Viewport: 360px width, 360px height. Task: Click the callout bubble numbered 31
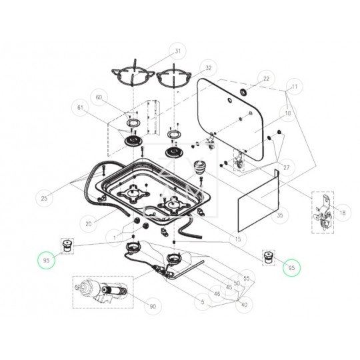(x=178, y=51)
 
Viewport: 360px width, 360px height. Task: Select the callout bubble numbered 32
(x=208, y=68)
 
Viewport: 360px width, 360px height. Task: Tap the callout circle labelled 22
(x=265, y=79)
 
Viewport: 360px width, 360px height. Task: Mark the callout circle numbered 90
(x=153, y=306)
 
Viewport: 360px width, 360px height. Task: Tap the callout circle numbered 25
(x=45, y=198)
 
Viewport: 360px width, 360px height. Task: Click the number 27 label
(x=287, y=167)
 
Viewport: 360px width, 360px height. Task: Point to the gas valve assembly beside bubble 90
(x=101, y=292)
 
